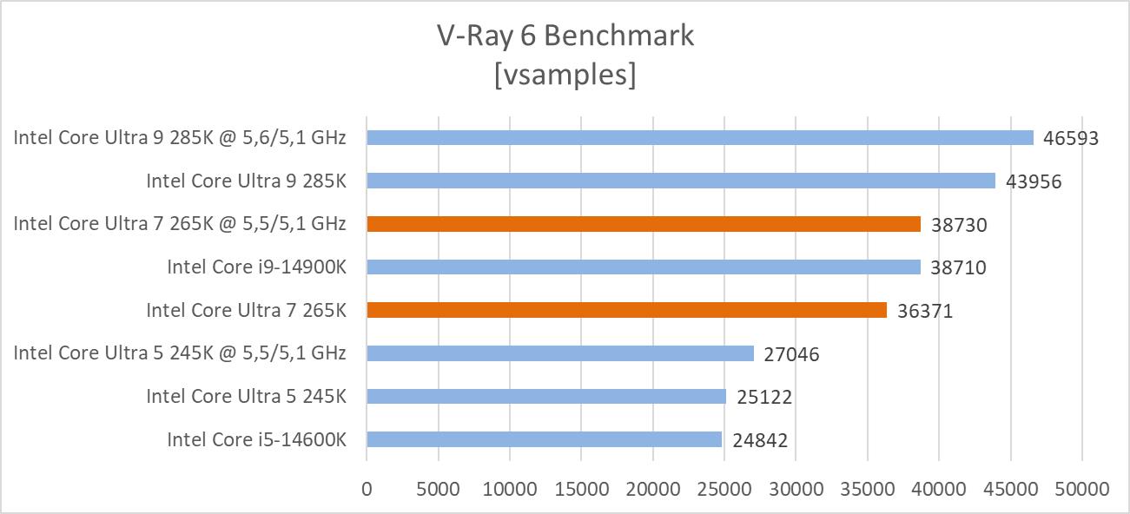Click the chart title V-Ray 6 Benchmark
pos(565,36)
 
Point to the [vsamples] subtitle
pos(565,75)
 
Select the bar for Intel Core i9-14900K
pos(643,267)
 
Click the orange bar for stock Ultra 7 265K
pos(626,310)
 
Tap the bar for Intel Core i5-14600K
pos(544,439)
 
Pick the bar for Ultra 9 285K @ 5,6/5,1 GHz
pos(700,138)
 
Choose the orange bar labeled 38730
pos(643,224)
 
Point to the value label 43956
pos(1034,181)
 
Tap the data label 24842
pos(759,440)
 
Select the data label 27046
pos(791,354)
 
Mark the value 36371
pos(925,311)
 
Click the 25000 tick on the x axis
pos(724,489)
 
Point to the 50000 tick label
pos(1081,489)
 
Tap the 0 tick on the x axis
pos(367,489)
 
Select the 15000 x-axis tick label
pos(581,489)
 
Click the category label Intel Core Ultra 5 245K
pos(246,397)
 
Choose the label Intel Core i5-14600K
pos(256,440)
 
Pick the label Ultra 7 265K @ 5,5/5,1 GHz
pos(180,224)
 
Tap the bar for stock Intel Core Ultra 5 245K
pos(545,397)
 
